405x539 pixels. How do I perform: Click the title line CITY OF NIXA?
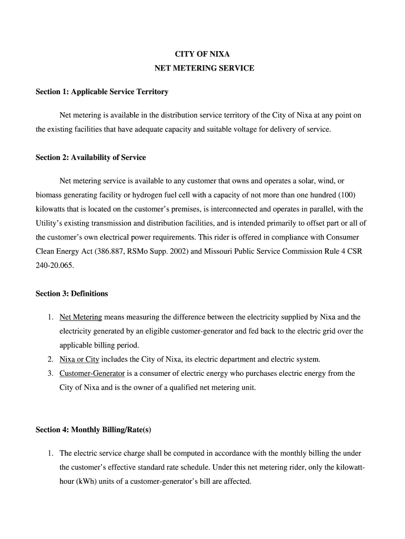pyautogui.click(x=202, y=54)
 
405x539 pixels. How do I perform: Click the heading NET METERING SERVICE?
pyautogui.click(x=204, y=68)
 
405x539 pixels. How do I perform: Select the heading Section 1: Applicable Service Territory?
pyautogui.click(x=102, y=92)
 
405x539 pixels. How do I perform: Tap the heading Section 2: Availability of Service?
pyautogui.click(x=90, y=158)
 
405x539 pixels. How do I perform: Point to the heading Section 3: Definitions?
pyautogui.click(x=72, y=294)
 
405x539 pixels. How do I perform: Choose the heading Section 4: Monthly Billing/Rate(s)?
pyautogui.click(x=93, y=430)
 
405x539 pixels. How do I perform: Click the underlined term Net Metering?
pyautogui.click(x=80, y=317)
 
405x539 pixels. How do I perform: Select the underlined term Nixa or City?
pyautogui.click(x=79, y=360)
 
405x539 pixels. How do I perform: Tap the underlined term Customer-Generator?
pyautogui.click(x=92, y=374)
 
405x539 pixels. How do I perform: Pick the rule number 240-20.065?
pyautogui.click(x=55, y=266)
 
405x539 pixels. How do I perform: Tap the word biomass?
pyautogui.click(x=49, y=195)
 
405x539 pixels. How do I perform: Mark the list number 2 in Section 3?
pyautogui.click(x=50, y=360)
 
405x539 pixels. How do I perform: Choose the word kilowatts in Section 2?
pyautogui.click(x=52, y=209)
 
